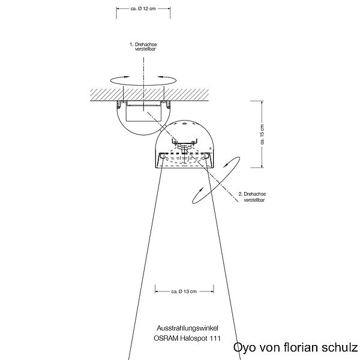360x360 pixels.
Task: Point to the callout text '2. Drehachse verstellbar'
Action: pos(253,197)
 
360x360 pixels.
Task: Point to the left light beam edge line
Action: pos(144,258)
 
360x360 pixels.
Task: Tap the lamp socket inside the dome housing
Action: pos(184,144)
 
